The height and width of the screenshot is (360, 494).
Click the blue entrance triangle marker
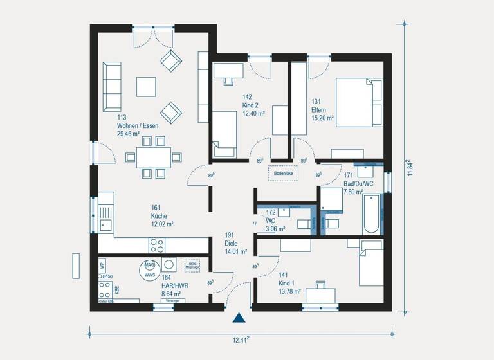pyautogui.click(x=239, y=318)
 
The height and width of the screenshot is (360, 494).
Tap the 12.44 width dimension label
pyautogui.click(x=239, y=339)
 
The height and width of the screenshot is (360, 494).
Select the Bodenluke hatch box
pyautogui.click(x=284, y=174)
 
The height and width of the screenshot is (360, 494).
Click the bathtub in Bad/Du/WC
pyautogui.click(x=372, y=213)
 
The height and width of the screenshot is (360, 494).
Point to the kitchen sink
pyautogui.click(x=105, y=224)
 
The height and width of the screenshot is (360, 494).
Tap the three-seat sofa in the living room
pyautogui.click(x=112, y=86)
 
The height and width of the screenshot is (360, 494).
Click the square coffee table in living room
pyautogui.click(x=145, y=86)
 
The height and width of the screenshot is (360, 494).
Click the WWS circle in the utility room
pyautogui.click(x=149, y=270)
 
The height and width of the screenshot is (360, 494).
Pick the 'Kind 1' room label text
pyautogui.click(x=286, y=274)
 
